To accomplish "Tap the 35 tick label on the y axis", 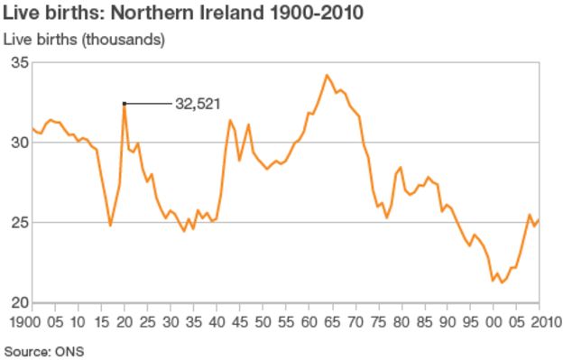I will (18, 62).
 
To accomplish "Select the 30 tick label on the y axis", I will (18, 143).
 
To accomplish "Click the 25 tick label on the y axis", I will (18, 222).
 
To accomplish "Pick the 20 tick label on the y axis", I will (18, 302).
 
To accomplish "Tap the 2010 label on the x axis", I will (540, 320).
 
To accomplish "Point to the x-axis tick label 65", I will (332, 320).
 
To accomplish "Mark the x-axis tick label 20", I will (125, 320).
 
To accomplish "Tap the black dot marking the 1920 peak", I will (125, 104).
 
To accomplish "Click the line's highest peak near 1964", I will (327, 75).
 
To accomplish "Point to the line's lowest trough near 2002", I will (502, 282).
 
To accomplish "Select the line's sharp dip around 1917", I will (110, 226).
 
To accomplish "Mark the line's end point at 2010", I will (540, 220).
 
